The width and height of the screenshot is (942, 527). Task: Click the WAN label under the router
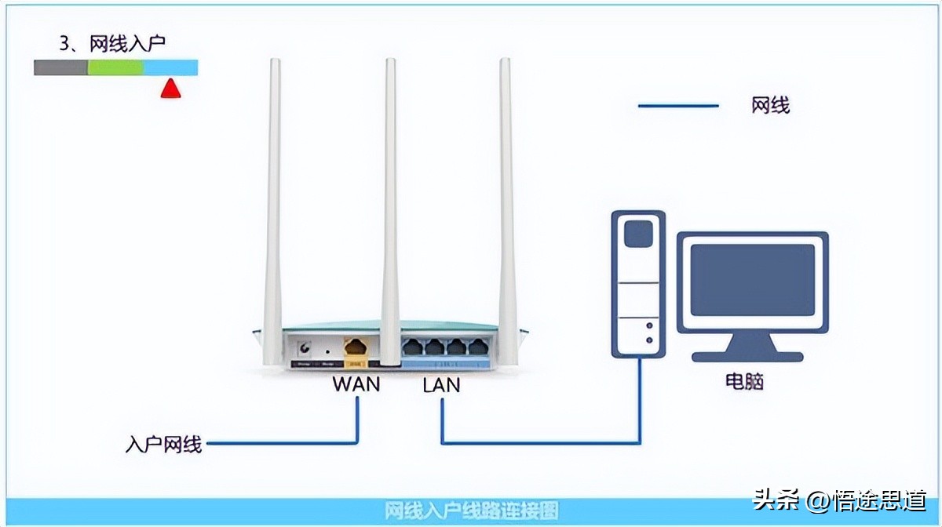(356, 384)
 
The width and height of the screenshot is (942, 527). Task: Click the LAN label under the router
(441, 385)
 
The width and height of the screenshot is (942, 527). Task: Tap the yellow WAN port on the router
(356, 347)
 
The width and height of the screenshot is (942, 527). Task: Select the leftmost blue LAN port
(412, 347)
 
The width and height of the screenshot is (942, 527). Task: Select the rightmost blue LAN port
(477, 347)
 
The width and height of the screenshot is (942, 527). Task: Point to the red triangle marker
(170, 89)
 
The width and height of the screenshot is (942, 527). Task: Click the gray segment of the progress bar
(60, 67)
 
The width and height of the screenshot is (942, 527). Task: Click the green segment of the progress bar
(115, 67)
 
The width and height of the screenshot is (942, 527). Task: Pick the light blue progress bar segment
(170, 67)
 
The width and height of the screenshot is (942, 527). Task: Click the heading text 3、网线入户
(113, 43)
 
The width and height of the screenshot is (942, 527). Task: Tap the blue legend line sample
(678, 105)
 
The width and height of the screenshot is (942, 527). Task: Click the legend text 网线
(770, 105)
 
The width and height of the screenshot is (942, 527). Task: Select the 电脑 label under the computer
(744, 382)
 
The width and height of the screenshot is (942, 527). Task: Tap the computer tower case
(638, 282)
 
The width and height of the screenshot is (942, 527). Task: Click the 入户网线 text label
(164, 445)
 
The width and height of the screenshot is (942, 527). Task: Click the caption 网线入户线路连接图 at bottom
(472, 511)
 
